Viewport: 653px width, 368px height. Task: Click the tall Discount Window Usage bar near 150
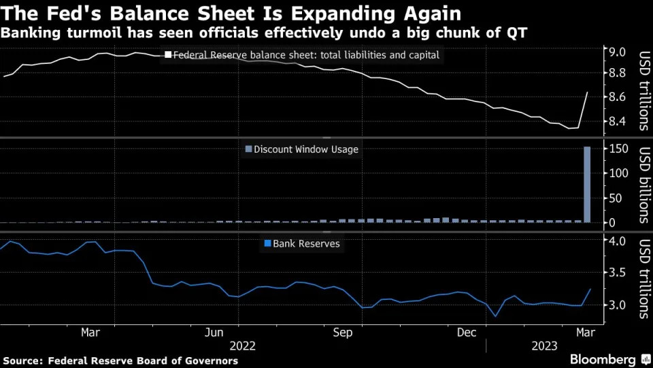[x=587, y=184]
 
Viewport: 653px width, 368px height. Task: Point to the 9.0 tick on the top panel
[x=617, y=52]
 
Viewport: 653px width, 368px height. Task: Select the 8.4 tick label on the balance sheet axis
[x=617, y=122]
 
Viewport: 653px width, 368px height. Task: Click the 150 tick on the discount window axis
[x=617, y=149]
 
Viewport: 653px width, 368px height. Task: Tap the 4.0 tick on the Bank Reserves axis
[x=617, y=241]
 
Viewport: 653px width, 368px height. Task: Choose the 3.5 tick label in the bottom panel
[x=617, y=273]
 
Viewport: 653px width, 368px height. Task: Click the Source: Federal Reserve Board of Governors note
[x=121, y=361]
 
